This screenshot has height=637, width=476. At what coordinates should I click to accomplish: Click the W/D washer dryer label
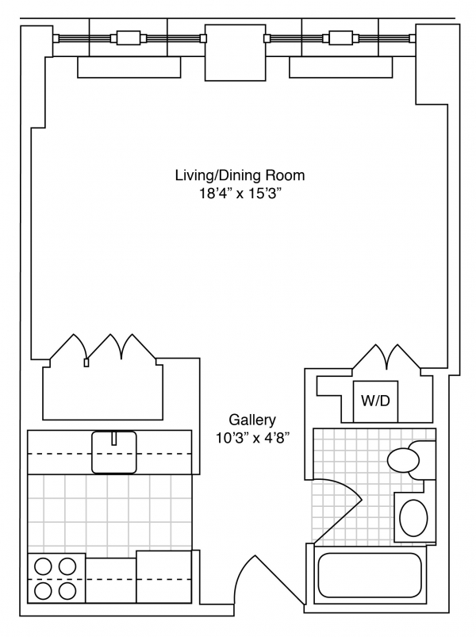tap(375, 401)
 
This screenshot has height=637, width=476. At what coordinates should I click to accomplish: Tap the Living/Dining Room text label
tap(240, 175)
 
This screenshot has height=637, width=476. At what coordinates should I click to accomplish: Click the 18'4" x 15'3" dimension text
tap(240, 194)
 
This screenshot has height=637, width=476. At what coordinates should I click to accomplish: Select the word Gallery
tap(252, 420)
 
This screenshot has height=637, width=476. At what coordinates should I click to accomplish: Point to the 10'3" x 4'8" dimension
tap(252, 439)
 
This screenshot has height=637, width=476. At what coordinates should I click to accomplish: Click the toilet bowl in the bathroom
tap(403, 460)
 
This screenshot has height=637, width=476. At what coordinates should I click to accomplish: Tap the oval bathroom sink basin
tap(413, 518)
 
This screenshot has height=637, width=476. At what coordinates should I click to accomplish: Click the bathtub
tap(370, 574)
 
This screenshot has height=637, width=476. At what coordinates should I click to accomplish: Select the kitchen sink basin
tap(114, 452)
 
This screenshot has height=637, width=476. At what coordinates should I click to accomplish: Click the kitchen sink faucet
tap(114, 439)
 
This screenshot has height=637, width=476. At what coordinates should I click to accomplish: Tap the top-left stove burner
tap(43, 566)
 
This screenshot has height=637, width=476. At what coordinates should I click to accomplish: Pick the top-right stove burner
tap(67, 566)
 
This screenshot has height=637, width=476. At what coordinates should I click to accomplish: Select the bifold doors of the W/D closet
tap(386, 357)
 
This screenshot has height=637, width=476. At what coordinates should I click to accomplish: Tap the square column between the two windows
tap(236, 52)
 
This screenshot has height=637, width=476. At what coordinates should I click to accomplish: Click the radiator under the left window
tap(129, 67)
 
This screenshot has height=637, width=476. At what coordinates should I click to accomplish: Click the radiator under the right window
tap(341, 67)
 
